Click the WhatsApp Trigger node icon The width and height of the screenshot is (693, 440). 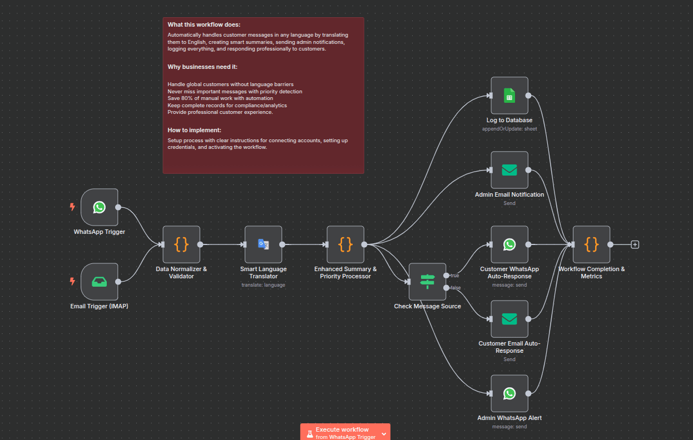(x=99, y=207)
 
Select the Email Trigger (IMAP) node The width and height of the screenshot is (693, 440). (x=99, y=282)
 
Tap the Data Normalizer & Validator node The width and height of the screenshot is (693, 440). (x=181, y=244)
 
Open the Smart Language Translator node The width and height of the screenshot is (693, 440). (x=264, y=244)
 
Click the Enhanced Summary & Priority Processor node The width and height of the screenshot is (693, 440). (x=345, y=244)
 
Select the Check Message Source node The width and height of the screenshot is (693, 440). (x=427, y=282)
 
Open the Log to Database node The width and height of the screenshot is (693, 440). (x=509, y=96)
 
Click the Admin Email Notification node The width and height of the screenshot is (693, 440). (x=509, y=170)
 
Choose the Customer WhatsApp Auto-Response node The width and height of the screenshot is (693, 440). (x=509, y=244)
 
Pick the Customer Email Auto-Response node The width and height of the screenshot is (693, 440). (x=509, y=319)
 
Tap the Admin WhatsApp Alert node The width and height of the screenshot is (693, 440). (x=509, y=393)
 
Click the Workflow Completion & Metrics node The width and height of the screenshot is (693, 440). (x=591, y=244)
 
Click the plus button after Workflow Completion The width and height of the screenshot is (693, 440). (x=635, y=244)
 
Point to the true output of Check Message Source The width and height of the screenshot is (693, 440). (x=446, y=275)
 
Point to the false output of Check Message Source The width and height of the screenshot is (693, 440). (x=446, y=288)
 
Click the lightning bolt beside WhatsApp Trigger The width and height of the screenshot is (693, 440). (x=72, y=207)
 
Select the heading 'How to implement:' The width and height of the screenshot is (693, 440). (x=194, y=130)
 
